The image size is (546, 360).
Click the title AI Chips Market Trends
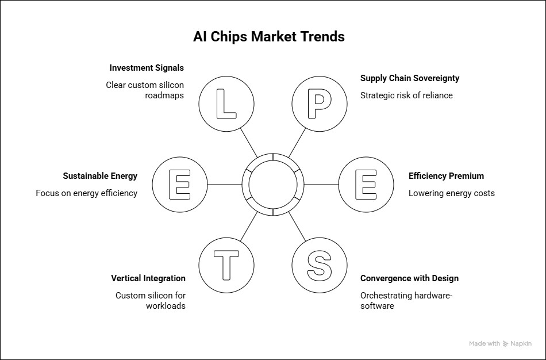pos(269,37)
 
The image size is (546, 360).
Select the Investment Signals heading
pos(147,68)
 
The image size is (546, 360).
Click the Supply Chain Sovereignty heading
pos(410,78)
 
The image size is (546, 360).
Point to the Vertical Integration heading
pos(148,278)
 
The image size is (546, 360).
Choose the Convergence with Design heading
pos(409,278)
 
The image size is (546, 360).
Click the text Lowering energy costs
pos(452,193)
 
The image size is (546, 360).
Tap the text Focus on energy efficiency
pos(87,193)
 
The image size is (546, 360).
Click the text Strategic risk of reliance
pos(406,95)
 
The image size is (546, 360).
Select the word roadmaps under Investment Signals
pos(164,95)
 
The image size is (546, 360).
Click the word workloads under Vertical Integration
pos(166,306)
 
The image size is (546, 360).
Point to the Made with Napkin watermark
pos(501,344)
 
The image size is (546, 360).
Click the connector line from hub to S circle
pos(297,226)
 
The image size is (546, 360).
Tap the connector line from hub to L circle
pos(249,143)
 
